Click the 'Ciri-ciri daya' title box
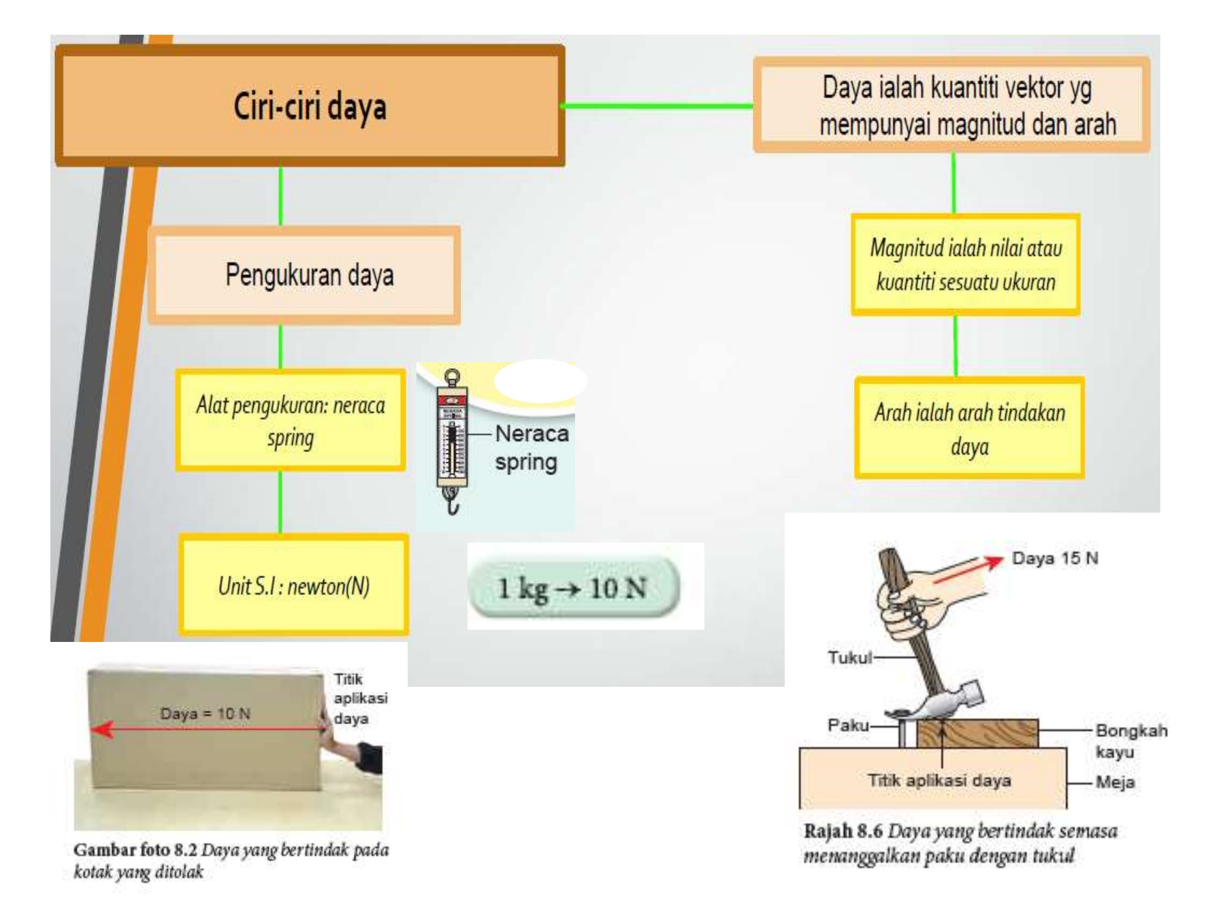tap(310, 106)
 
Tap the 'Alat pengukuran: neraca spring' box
tap(291, 420)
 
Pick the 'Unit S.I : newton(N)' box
tap(293, 585)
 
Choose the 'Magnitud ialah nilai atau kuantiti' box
tap(965, 265)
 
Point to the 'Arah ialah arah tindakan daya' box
tap(969, 428)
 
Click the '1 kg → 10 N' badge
tap(573, 587)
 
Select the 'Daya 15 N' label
tap(1054, 559)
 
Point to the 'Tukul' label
tap(849, 658)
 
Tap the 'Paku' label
tap(847, 726)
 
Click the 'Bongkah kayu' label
tap(1130, 741)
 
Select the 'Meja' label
tap(1115, 783)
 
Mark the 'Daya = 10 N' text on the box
tap(205, 714)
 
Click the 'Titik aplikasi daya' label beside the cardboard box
tap(360, 698)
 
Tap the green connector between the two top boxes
tap(657, 106)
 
